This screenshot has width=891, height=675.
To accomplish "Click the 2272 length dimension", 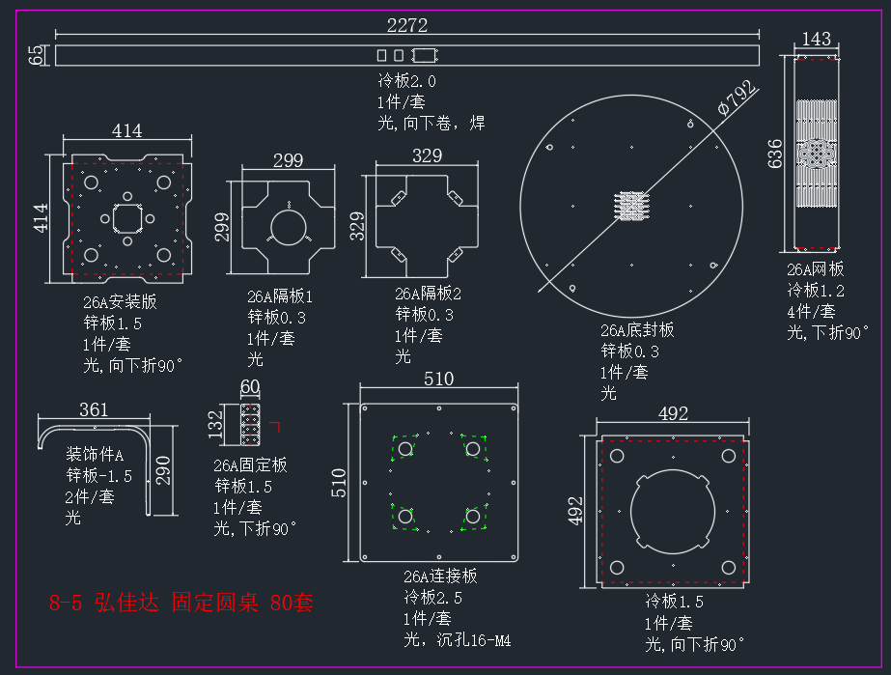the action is click(x=406, y=25).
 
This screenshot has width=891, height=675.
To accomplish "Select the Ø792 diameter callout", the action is click(x=737, y=98).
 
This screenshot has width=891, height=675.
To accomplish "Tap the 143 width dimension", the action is click(x=816, y=39).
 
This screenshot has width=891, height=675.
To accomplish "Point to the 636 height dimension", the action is click(x=775, y=154).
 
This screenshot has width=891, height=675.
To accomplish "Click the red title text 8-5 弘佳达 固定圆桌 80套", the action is click(x=181, y=603).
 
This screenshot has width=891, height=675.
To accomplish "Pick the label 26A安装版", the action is click(x=120, y=302).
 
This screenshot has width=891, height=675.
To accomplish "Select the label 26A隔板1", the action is click(x=280, y=296).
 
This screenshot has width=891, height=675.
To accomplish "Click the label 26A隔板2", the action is click(x=428, y=294).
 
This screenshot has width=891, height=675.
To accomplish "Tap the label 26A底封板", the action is click(x=637, y=330).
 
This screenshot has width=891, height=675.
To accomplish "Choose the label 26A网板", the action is click(x=816, y=269).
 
